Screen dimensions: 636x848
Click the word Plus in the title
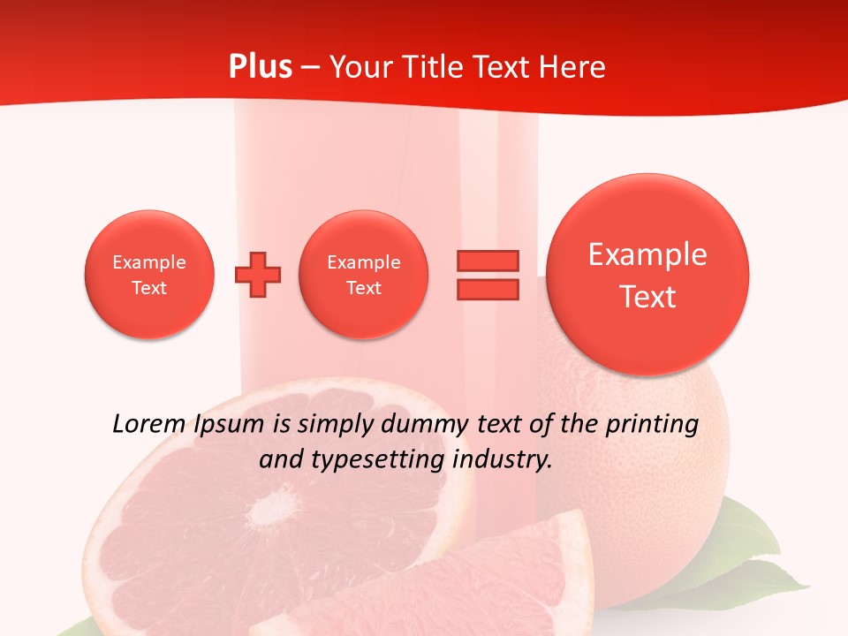click(x=260, y=67)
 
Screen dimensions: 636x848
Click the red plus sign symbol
click(x=258, y=274)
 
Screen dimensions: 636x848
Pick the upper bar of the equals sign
click(x=488, y=261)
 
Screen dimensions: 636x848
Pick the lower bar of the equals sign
click(x=488, y=289)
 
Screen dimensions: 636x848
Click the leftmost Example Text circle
click(x=149, y=274)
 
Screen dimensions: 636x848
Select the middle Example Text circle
click(x=364, y=274)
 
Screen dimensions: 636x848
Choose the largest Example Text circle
click(x=647, y=275)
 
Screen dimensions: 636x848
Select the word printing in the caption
click(x=652, y=425)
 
